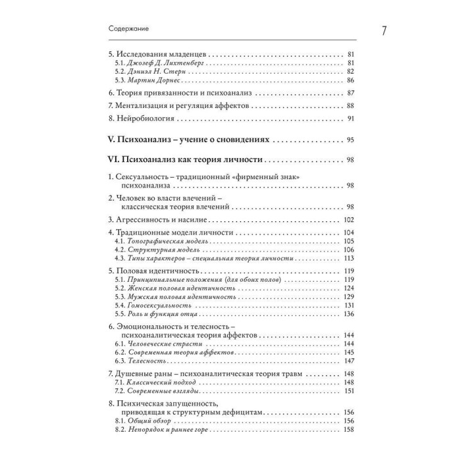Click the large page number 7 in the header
point(366,30)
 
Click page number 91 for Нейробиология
point(350,118)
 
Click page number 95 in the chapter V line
point(350,140)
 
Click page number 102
point(348,220)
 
